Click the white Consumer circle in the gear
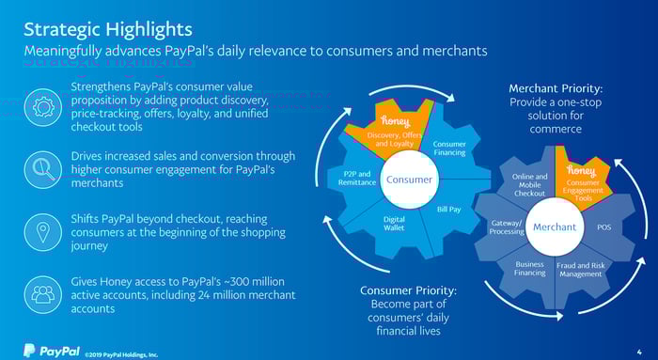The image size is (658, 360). coord(409,180)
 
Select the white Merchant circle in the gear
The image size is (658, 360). coord(555,227)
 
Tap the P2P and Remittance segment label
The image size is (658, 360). coord(356,179)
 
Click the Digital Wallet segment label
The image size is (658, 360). coord(393,223)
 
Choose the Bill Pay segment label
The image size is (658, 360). coord(448,209)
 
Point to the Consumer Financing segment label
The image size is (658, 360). coord(449,148)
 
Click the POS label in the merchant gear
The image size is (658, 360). coord(603,227)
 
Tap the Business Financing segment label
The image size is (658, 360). coord(529,270)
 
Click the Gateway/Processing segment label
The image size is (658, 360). coord(508,227)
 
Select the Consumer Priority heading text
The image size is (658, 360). coord(408,290)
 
